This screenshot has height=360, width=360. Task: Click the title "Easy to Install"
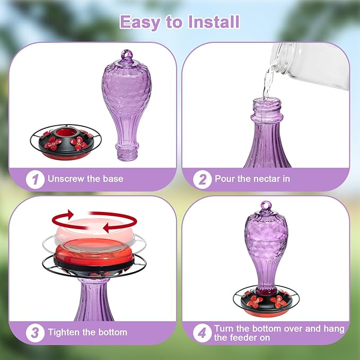click(179, 22)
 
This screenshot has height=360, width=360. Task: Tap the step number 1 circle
click(35, 179)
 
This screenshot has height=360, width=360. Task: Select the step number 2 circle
click(202, 179)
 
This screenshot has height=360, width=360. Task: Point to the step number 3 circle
click(35, 332)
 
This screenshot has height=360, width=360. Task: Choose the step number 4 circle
click(202, 332)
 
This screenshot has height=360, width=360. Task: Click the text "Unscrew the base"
click(85, 179)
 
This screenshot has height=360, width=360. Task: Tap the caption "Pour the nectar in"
click(252, 179)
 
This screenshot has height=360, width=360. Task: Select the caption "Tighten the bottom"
click(87, 332)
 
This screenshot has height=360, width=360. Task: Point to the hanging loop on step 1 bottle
click(126, 54)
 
